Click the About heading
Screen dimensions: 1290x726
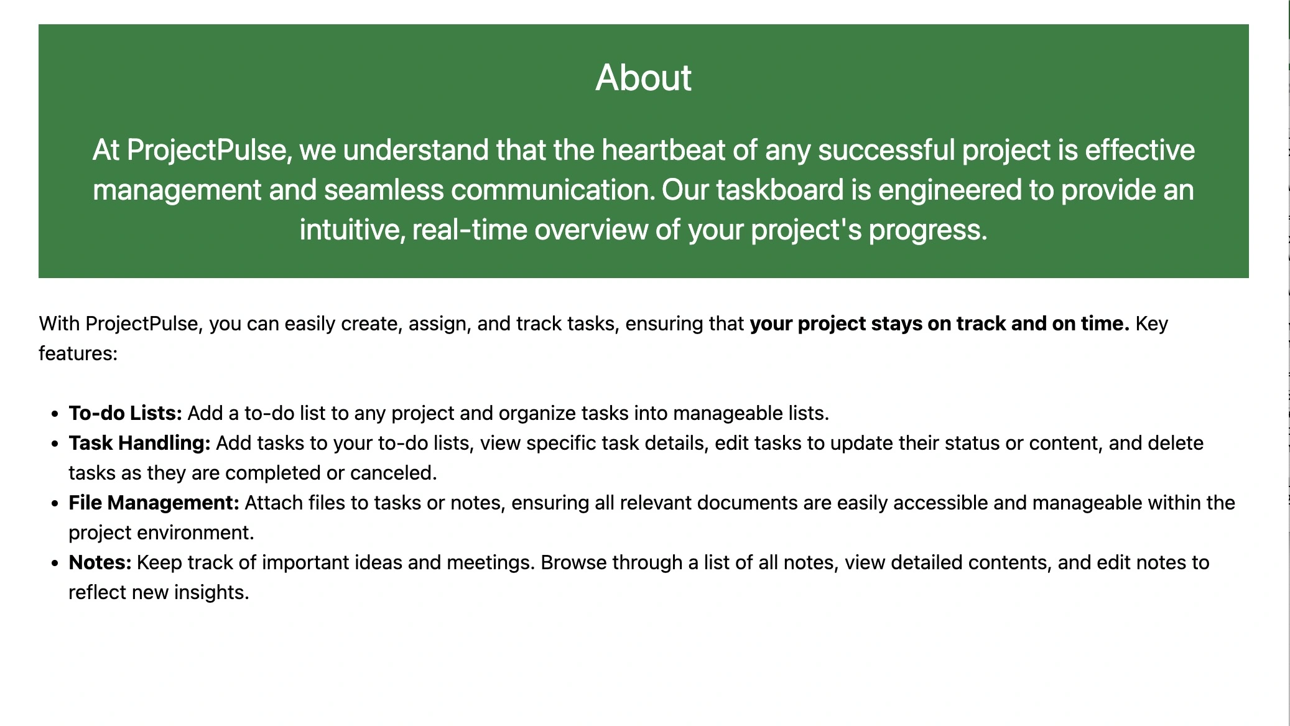point(643,78)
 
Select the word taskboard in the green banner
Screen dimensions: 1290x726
point(780,190)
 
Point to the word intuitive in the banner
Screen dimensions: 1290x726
point(352,230)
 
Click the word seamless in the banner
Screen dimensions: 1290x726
point(384,190)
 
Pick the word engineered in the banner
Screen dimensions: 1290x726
point(950,190)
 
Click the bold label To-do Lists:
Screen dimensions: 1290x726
point(125,413)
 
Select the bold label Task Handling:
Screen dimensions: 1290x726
point(140,443)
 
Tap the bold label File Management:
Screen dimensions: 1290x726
point(154,503)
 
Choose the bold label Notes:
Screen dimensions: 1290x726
point(100,562)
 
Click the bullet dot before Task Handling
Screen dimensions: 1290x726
point(55,444)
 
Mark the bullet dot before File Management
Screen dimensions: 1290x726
point(55,504)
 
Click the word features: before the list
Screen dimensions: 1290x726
point(78,353)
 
